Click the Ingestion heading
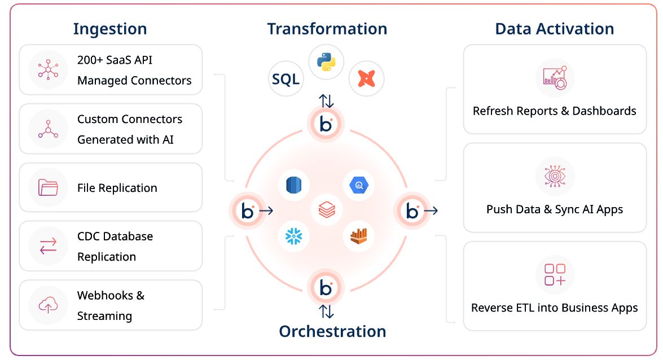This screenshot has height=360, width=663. (x=110, y=29)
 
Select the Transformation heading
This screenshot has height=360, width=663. (x=327, y=29)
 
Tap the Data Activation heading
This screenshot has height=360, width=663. (x=555, y=29)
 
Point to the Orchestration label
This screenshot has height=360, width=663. (x=332, y=331)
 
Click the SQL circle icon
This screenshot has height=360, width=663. (x=286, y=79)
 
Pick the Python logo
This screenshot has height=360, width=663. (x=327, y=62)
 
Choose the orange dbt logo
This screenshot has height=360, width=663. (x=366, y=78)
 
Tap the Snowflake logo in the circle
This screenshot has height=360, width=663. (x=294, y=235)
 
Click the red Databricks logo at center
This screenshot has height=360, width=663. (x=327, y=210)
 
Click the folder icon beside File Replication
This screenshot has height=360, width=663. (x=48, y=187)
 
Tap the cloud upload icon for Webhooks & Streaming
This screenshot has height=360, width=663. (x=48, y=305)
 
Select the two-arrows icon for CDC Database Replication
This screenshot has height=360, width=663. (x=48, y=246)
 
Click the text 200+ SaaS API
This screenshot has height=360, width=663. (x=115, y=60)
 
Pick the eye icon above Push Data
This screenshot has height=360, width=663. (x=555, y=176)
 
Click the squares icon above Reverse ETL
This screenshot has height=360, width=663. (x=555, y=275)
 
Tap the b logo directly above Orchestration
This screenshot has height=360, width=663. (x=326, y=287)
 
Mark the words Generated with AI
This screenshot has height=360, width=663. (x=125, y=139)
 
